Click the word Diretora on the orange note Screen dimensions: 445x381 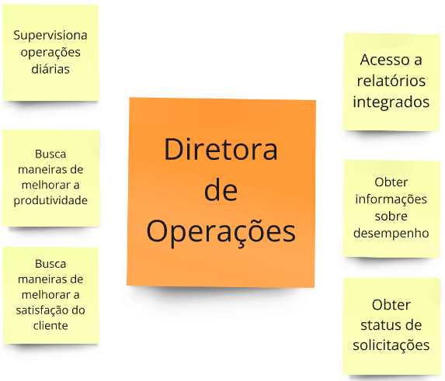[221, 150]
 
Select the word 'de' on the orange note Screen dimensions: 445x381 [221, 190]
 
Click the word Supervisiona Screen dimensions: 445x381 [50, 36]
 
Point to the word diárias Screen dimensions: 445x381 [50, 69]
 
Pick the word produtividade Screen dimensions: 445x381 [50, 201]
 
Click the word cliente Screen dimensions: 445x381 [50, 325]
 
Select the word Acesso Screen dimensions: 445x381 [381, 60]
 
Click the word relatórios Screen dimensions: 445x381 [391, 81]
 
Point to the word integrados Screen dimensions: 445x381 [391, 102]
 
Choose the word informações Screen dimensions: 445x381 [391, 199]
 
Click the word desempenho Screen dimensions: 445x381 [391, 234]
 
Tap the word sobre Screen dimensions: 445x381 [391, 216]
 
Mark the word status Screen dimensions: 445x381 [380, 325]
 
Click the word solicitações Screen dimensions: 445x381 [391, 345]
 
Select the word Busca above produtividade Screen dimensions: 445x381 [50, 154]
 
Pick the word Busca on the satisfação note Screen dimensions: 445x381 [50, 264]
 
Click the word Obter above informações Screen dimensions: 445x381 [391, 182]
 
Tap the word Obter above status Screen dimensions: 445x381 [391, 305]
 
